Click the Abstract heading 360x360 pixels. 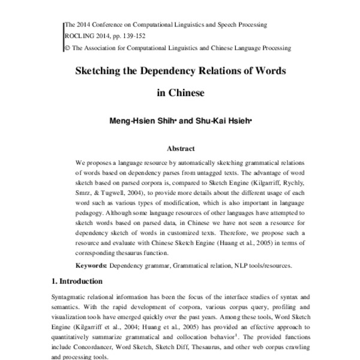(x=180, y=148)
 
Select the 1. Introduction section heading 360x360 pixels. (x=77, y=281)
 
